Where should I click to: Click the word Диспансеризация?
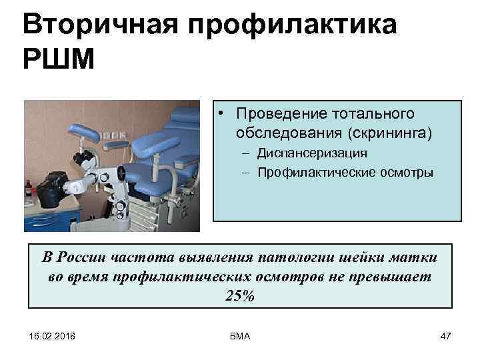pyautogui.click(x=311, y=153)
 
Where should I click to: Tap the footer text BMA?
pyautogui.click(x=239, y=336)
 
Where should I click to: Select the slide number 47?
pyautogui.click(x=446, y=336)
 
